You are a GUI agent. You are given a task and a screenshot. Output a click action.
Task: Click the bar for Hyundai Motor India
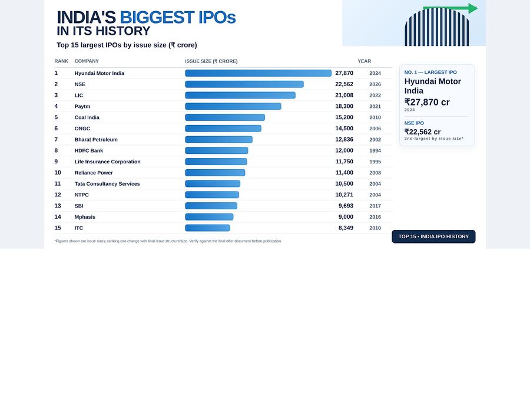(x=259, y=73)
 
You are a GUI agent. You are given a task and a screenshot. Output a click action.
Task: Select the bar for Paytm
(x=233, y=106)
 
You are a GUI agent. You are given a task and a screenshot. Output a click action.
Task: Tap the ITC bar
(x=207, y=228)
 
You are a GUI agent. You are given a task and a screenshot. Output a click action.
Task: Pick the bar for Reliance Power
(x=215, y=173)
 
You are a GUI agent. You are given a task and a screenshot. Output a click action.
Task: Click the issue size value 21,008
(x=344, y=96)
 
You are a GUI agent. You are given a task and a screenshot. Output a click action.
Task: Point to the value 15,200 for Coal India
(x=344, y=117)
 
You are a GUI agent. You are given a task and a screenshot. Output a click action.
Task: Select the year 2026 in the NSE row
(x=375, y=84)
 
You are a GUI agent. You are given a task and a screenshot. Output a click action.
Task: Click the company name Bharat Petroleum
(x=96, y=139)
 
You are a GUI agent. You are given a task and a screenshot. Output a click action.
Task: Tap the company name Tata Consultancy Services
(x=107, y=184)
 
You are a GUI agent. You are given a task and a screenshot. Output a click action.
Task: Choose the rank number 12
(x=58, y=195)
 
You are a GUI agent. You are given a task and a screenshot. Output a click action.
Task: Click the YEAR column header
(x=365, y=61)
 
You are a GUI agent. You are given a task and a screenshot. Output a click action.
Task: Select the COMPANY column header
(x=87, y=61)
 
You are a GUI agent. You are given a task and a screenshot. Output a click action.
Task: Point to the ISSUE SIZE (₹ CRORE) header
(x=211, y=61)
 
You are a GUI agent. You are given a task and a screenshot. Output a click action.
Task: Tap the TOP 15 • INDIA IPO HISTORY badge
(x=433, y=236)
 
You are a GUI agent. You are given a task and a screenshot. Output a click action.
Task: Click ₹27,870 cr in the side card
(x=427, y=102)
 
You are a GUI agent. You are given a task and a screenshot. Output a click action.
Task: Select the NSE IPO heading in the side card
(x=414, y=123)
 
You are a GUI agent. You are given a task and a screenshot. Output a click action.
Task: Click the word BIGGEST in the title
(x=157, y=18)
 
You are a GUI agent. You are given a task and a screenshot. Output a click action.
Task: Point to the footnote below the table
(x=168, y=241)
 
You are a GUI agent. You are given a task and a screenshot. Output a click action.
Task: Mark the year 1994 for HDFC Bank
(x=375, y=150)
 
